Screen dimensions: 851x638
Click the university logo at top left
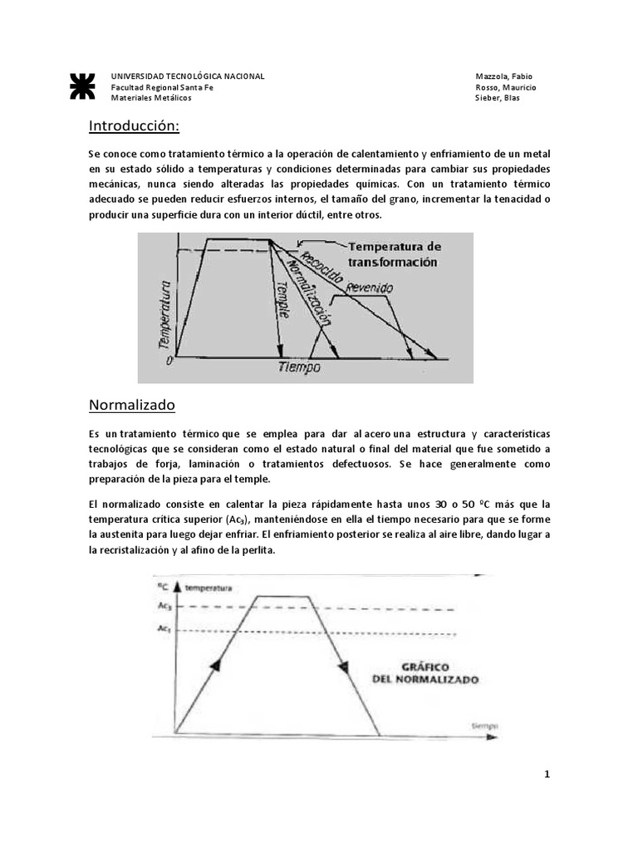82,86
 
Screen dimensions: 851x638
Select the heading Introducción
134,126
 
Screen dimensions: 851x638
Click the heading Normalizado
132,406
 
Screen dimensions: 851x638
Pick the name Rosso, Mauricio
505,87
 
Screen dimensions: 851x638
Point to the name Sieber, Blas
498,98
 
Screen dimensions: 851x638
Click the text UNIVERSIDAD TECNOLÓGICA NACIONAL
188,76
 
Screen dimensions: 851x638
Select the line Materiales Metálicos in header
151,98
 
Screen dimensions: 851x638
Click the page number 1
547,775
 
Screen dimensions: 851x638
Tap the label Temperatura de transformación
394,253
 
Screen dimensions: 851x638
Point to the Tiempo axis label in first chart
299,366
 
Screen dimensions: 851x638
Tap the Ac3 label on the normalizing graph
164,606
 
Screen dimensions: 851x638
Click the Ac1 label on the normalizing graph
164,631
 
